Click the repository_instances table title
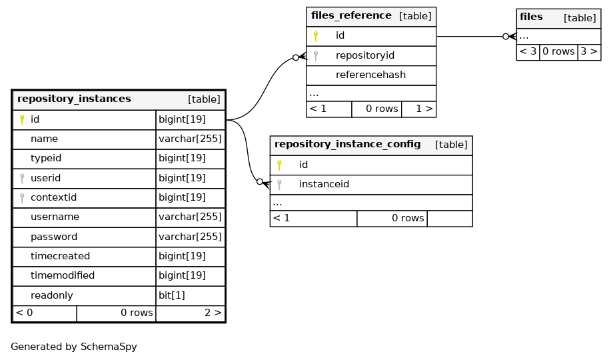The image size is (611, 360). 74,99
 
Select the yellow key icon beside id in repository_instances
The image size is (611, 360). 22,120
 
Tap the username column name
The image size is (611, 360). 55,217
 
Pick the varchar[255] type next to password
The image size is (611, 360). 190,237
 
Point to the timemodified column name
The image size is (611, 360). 63,275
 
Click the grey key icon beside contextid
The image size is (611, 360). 22,198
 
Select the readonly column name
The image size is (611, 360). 52,295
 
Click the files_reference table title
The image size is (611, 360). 351,15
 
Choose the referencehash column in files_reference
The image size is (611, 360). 370,75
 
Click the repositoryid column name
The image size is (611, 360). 365,55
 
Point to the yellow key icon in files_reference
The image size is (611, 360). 316,36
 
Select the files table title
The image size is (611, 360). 531,17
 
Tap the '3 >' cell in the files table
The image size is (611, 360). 589,51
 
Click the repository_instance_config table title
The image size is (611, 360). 348,144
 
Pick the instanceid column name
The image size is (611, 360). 324,184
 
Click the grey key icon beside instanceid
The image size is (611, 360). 279,185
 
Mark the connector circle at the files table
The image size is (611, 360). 506,37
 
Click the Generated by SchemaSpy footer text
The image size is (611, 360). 74,347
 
